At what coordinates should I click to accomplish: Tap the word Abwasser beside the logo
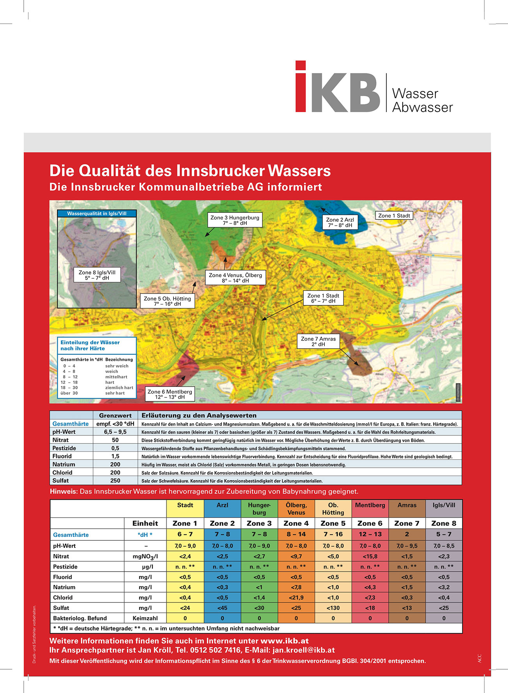pyautogui.click(x=422, y=107)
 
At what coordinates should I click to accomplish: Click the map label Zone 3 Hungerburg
pyautogui.click(x=235, y=220)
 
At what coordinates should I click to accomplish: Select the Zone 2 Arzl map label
pyautogui.click(x=340, y=223)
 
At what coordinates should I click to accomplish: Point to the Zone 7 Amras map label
pyautogui.click(x=318, y=342)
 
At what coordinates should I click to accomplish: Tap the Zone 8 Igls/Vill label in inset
pyautogui.click(x=97, y=275)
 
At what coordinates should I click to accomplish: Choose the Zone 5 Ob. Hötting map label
pyautogui.click(x=167, y=301)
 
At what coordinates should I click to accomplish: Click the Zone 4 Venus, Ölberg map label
pyautogui.click(x=235, y=278)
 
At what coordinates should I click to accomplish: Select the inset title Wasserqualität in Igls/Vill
pyautogui.click(x=97, y=214)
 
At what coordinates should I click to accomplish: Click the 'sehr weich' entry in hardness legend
pyautogui.click(x=117, y=366)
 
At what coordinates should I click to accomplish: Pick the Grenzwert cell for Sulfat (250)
pyautogui.click(x=115, y=481)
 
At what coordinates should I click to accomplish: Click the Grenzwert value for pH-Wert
pyautogui.click(x=115, y=432)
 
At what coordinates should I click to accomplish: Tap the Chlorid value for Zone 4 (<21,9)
pyautogui.click(x=296, y=597)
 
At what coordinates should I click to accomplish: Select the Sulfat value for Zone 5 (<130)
pyautogui.click(x=333, y=608)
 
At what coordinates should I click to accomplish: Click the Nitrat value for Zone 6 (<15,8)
pyautogui.click(x=370, y=556)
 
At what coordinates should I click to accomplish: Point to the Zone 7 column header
pyautogui.click(x=407, y=523)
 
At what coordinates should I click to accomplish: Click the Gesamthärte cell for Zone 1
pyautogui.click(x=185, y=534)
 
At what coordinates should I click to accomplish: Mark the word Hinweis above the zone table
pyautogui.click(x=64, y=492)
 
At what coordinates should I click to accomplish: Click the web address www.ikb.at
pyautogui.click(x=285, y=641)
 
